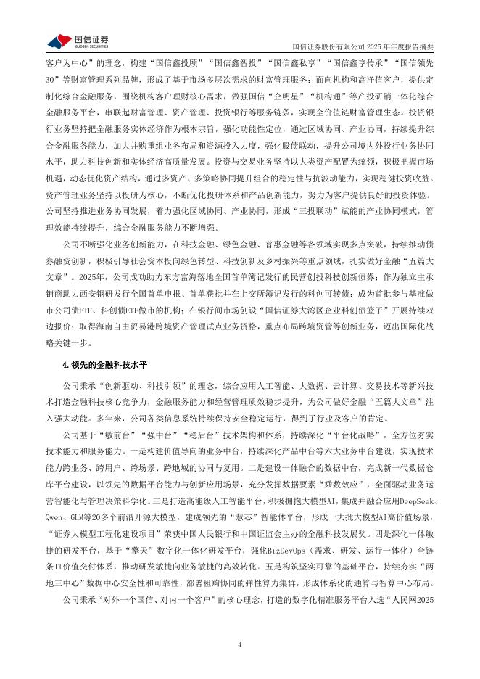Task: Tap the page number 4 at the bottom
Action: coord(240,645)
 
